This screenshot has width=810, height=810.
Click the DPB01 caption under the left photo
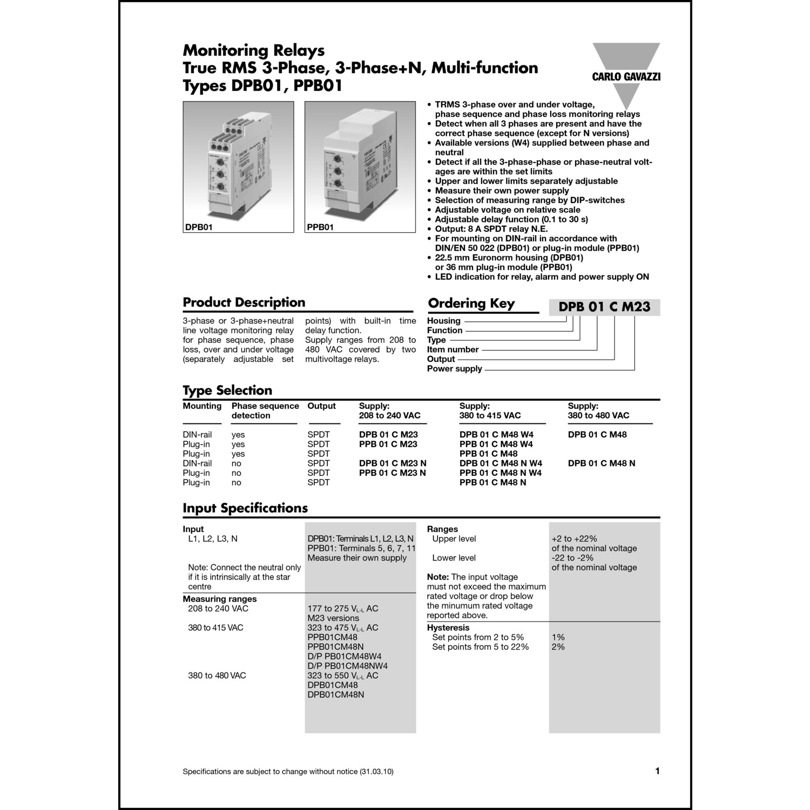tap(199, 227)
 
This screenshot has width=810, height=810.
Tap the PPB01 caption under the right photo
tap(320, 227)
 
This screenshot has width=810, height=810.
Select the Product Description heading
tap(244, 302)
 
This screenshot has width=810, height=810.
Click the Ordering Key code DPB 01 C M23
tap(604, 307)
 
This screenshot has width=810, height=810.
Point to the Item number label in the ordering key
tap(453, 349)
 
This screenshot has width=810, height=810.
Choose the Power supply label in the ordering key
tap(454, 369)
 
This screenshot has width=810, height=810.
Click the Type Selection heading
tap(227, 390)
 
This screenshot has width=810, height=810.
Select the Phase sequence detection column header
tap(265, 410)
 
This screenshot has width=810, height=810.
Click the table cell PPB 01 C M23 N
tap(392, 473)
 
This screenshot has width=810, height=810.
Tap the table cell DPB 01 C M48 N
tap(602, 463)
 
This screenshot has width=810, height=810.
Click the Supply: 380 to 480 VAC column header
tap(598, 410)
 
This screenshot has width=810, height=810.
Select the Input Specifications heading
tap(245, 508)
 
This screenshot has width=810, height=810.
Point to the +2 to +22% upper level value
tap(574, 539)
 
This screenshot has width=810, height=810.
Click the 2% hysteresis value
tap(558, 647)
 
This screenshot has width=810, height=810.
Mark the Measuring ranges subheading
tap(220, 599)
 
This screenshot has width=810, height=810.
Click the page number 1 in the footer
tap(657, 771)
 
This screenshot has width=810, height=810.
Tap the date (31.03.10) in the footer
tap(376, 772)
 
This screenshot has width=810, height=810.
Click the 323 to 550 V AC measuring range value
tap(342, 676)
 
